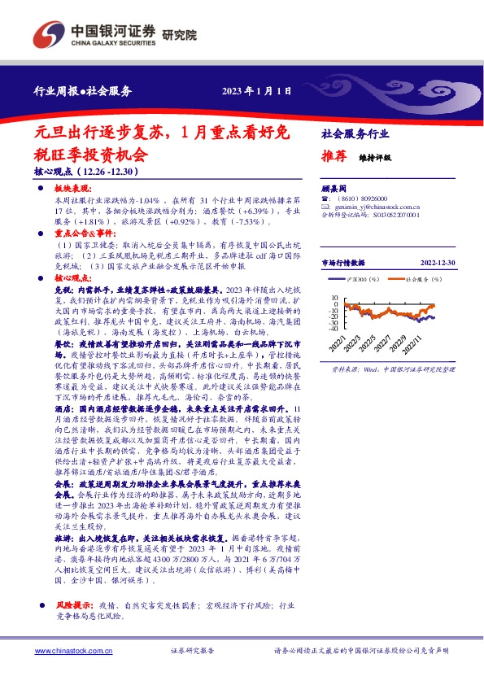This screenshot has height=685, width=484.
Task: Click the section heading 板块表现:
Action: (x=72, y=188)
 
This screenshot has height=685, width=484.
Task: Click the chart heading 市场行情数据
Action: (x=344, y=263)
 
